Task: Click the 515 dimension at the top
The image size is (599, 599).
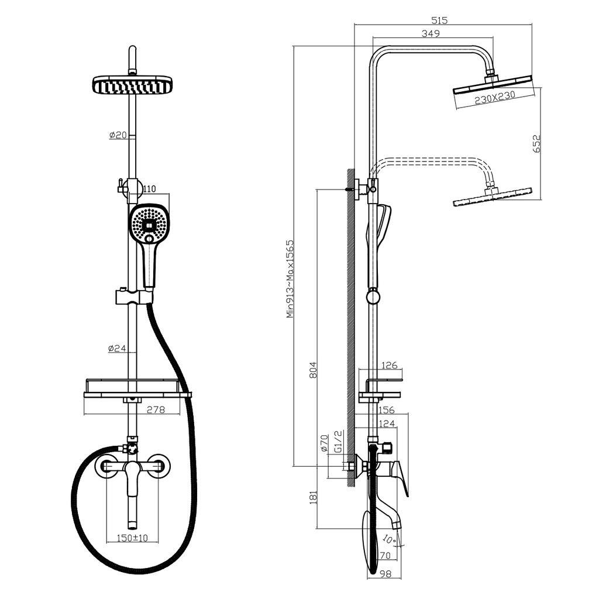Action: [439, 20]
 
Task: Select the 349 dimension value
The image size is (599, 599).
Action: [431, 34]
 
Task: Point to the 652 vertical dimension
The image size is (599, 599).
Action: [537, 144]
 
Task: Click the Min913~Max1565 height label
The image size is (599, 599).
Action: [290, 278]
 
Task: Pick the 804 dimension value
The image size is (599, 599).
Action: [313, 370]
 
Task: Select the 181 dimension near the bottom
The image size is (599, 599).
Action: [313, 497]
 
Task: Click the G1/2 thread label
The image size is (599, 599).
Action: [337, 442]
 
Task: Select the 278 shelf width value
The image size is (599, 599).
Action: [155, 410]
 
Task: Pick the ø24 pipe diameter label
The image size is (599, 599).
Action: [118, 348]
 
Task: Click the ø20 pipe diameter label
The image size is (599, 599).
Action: [118, 135]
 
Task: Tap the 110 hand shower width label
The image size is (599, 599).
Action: [149, 189]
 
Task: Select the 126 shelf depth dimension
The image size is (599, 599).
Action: [389, 366]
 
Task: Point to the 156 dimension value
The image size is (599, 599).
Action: [387, 410]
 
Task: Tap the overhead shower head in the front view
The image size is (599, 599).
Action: [134, 85]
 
